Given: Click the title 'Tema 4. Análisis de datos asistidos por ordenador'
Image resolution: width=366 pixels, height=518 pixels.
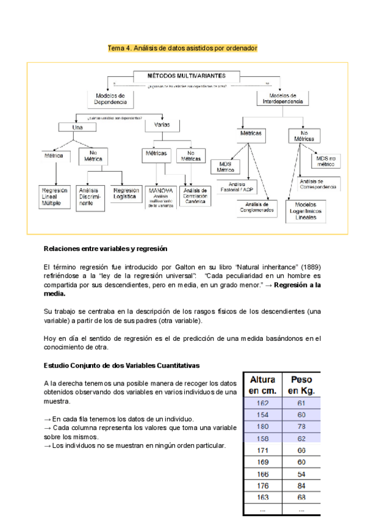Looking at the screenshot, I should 182,48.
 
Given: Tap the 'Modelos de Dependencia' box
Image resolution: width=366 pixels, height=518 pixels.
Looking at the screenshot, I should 110,98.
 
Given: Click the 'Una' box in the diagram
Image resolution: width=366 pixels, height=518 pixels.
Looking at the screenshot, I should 78,127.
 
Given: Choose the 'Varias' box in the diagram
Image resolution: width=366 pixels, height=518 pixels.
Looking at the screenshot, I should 162,125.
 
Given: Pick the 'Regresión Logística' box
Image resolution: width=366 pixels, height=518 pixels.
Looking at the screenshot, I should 127,194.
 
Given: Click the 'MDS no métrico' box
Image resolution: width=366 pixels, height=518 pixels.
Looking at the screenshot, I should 326,161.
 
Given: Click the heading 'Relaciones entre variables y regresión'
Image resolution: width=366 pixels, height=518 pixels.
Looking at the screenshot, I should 105,249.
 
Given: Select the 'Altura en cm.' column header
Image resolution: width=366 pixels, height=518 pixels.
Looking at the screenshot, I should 263,384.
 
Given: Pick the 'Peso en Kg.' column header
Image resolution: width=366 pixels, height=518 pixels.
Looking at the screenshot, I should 302,384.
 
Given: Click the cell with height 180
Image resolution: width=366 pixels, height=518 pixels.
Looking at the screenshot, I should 263,426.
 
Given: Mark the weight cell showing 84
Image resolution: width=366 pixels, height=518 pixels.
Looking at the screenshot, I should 302,486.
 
